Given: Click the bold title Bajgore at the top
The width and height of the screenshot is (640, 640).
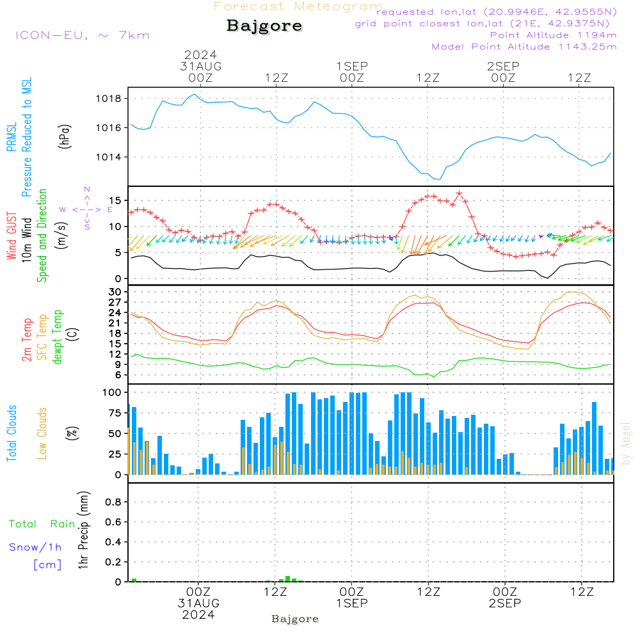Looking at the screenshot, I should [264, 26].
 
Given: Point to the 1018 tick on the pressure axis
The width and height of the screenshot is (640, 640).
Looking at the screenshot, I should [110, 99].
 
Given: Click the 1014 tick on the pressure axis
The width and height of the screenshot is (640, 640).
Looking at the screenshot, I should [110, 157].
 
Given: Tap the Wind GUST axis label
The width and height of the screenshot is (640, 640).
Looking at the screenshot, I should [12, 237].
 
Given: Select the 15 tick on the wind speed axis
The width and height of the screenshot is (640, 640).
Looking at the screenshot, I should [115, 200].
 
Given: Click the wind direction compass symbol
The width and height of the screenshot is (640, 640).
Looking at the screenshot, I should [87, 209].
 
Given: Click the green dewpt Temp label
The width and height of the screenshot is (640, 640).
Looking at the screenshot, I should [58, 337].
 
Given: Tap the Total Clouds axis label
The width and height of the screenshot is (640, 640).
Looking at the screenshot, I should [12, 433].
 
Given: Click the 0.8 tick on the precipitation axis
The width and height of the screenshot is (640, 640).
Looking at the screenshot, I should [113, 502].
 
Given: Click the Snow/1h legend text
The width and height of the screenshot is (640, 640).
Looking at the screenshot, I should [35, 548].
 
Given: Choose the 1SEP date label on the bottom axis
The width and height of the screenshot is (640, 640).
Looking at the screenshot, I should [351, 603].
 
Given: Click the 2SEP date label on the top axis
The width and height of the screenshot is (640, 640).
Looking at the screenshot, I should [503, 67].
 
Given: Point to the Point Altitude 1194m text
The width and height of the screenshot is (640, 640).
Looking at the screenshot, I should [553, 35].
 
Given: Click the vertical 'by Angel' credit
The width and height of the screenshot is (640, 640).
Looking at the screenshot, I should [626, 444].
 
